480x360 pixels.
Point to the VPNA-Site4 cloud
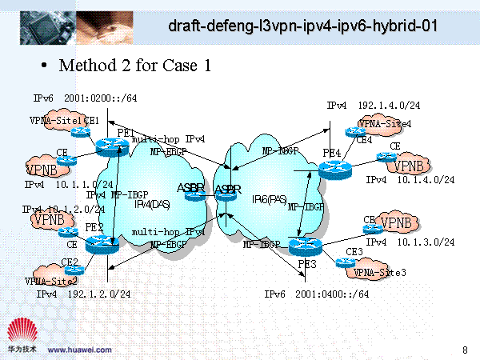(x=385, y=125)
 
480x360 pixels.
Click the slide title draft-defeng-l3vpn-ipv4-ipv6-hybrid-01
(x=303, y=27)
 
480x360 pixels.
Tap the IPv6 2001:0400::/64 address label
(x=317, y=294)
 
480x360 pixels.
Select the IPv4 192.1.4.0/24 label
(x=373, y=106)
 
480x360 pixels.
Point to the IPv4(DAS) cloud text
(x=150, y=204)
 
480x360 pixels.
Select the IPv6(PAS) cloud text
(x=270, y=198)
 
